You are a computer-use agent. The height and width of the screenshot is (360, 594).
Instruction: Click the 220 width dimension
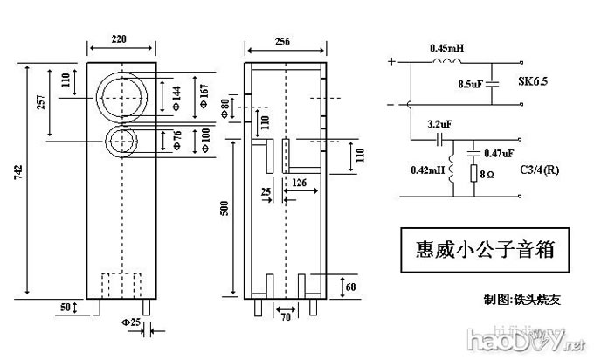coord(122,38)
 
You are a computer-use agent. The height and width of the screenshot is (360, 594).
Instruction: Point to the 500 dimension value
coord(224,209)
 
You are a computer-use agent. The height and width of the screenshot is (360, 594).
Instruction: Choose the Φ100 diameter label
coord(204,140)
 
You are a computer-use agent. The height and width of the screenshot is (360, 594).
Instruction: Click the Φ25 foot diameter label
coord(135,324)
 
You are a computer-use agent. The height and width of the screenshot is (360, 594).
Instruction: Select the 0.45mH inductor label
coord(446,48)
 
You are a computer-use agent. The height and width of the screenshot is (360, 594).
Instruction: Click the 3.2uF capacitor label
coord(439,124)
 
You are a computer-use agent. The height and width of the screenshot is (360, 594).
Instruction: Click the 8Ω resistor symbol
coord(475,174)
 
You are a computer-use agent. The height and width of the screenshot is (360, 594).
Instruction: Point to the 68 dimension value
coord(349,286)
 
